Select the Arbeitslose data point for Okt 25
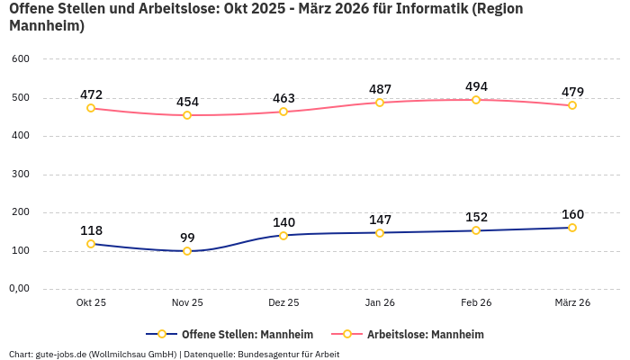91,108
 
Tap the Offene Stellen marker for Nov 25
187,251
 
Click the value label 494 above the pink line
476,86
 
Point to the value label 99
187,238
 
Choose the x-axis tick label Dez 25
283,303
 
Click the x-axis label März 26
572,303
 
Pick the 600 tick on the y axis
21,59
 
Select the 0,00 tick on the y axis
19,289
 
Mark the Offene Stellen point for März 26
572,228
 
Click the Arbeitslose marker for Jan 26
380,103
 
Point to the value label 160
572,214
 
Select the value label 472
91,94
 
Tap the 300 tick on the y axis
21,175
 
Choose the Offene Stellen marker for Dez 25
283,236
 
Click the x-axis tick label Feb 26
476,303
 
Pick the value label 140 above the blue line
283,222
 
